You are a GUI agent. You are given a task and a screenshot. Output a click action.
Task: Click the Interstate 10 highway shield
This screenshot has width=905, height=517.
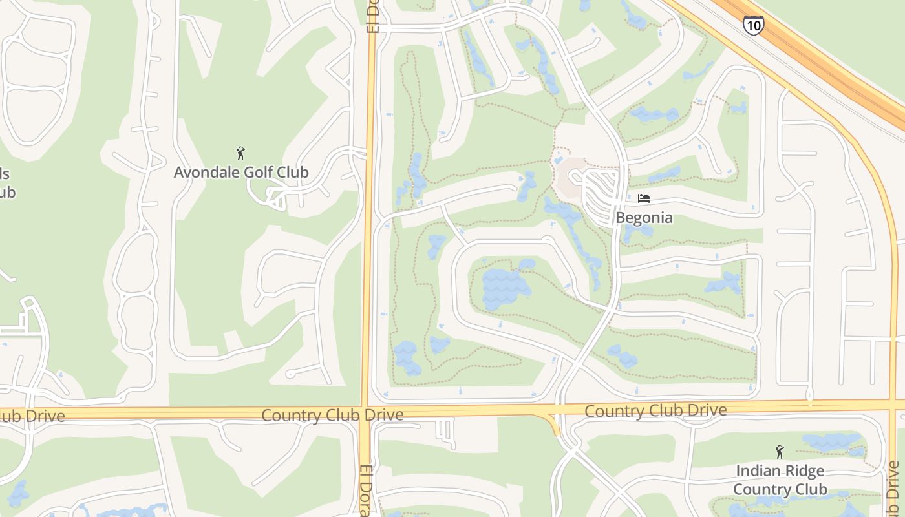(x=753, y=25)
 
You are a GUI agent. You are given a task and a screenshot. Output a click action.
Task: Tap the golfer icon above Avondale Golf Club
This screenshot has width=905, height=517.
(x=241, y=153)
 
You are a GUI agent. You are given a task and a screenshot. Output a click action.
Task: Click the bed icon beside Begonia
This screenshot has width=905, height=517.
(x=643, y=198)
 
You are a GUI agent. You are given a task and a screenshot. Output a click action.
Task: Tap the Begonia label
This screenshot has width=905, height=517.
(x=644, y=218)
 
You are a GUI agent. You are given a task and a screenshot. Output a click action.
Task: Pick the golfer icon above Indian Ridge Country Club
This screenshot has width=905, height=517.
(x=780, y=452)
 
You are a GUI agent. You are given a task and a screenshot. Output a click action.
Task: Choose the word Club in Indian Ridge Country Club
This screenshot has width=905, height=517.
(x=811, y=489)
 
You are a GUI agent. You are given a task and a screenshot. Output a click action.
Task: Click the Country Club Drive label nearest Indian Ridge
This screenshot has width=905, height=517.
(x=655, y=410)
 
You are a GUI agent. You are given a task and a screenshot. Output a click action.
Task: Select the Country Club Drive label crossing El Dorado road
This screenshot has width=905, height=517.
(x=332, y=415)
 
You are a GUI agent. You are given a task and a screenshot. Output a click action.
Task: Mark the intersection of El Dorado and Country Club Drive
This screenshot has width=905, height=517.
(x=367, y=413)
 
